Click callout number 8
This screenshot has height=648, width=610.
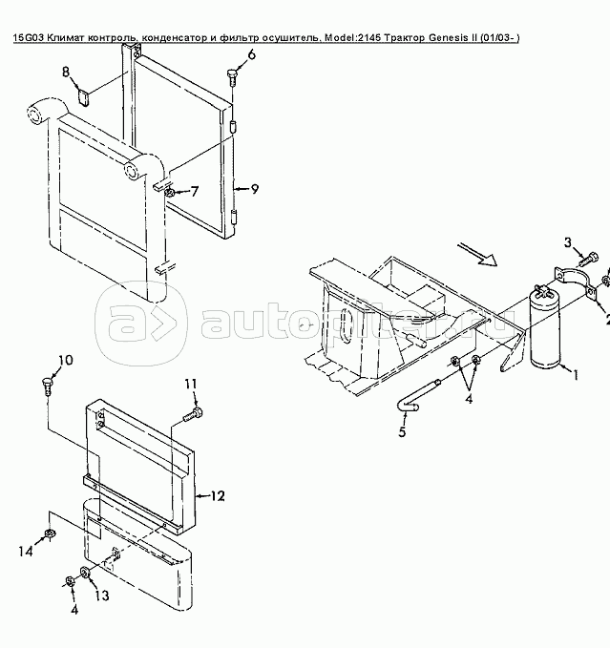[x=66, y=73]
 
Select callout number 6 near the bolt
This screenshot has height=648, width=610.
[x=251, y=54]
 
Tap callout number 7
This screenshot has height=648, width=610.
[x=195, y=191]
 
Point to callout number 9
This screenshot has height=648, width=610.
[x=254, y=189]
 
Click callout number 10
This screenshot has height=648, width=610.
[x=64, y=333]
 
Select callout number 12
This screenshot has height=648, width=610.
[x=218, y=495]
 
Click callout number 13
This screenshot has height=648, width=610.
[x=101, y=596]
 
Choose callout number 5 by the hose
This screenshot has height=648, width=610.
[x=402, y=431]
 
